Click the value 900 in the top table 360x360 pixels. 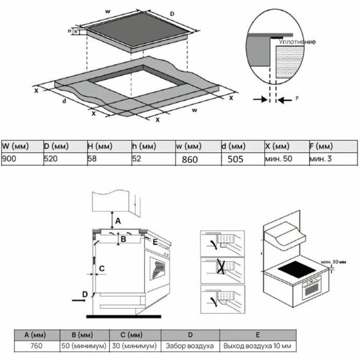point(9,158)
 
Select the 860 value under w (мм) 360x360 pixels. point(190,159)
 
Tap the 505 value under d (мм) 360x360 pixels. point(235,159)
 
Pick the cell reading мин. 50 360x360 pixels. point(279,158)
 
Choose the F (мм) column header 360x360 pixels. point(321,146)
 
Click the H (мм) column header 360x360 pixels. point(100,146)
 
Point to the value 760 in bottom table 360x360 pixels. point(37,346)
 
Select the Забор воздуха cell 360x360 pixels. point(190,346)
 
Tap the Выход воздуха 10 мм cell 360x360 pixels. point(257,346)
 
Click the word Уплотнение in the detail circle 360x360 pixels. point(297,42)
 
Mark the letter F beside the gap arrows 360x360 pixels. point(297,99)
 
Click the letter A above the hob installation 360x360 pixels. point(118,221)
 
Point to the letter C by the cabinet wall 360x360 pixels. point(102,268)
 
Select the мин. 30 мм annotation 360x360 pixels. point(333,262)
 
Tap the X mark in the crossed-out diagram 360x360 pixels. point(221,266)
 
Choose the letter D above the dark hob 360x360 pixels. point(172,14)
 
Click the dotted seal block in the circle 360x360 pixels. point(290,62)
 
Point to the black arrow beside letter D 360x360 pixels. point(79,300)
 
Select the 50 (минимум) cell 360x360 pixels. point(84,346)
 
